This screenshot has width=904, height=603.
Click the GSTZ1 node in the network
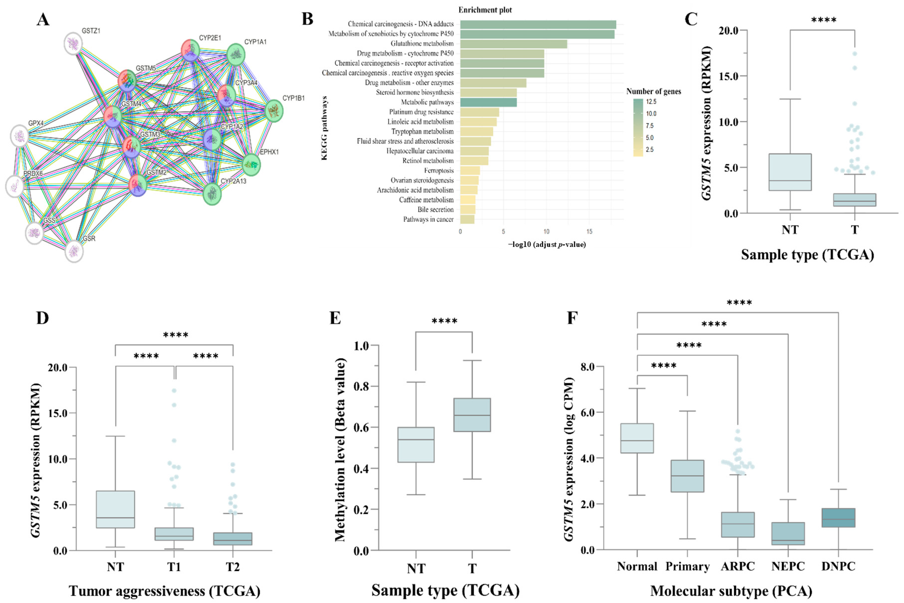click(x=73, y=43)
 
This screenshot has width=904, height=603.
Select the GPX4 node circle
click(x=20, y=136)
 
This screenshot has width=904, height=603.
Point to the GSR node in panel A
click(x=74, y=251)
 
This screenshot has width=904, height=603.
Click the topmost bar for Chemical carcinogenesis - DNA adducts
click(x=538, y=24)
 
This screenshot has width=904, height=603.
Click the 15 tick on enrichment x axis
click(x=589, y=231)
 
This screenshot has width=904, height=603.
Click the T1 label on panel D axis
click(x=174, y=567)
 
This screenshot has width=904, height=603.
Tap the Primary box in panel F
click(x=687, y=476)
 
